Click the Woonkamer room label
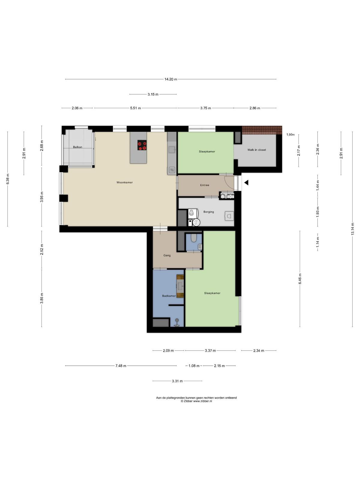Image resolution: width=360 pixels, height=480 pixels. pyautogui.click(x=124, y=182)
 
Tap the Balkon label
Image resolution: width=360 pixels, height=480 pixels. pyautogui.click(x=78, y=147)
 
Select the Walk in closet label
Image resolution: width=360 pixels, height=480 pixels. pyautogui.click(x=256, y=150)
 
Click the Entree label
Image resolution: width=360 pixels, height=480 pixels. pyautogui.click(x=205, y=185)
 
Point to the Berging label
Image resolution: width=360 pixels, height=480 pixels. pyautogui.click(x=208, y=212)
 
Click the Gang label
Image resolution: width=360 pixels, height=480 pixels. pyautogui.click(x=167, y=255)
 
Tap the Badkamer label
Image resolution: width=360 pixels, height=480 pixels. pyautogui.click(x=169, y=296)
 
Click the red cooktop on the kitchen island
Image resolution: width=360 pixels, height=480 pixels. pyautogui.click(x=142, y=145)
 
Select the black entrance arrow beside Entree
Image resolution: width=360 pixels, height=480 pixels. pyautogui.click(x=246, y=182)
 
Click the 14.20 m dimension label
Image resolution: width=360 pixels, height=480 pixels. pyautogui.click(x=171, y=79)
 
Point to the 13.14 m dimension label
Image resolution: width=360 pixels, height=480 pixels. pyautogui.click(x=352, y=229)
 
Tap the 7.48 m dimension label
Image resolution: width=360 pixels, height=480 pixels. pyautogui.click(x=121, y=366)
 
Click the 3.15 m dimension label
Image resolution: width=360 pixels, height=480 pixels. pyautogui.click(x=153, y=94)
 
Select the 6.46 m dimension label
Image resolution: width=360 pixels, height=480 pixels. pyautogui.click(x=300, y=279)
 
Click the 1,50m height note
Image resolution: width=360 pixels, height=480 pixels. pyautogui.click(x=290, y=134)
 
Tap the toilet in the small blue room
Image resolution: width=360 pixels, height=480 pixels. pyautogui.click(x=194, y=238)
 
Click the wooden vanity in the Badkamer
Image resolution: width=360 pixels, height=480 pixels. pyautogui.click(x=180, y=286)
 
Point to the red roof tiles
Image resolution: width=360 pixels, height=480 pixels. pyautogui.click(x=262, y=130)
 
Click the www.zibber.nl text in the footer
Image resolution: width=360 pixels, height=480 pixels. pyautogui.click(x=202, y=401)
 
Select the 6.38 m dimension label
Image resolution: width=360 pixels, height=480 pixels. pyautogui.click(x=8, y=179)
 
